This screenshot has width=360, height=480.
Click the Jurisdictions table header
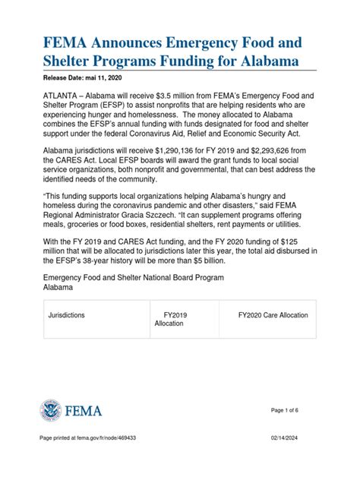66,313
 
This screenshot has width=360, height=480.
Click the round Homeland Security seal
51,411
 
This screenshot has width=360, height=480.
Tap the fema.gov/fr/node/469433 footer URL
110,461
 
